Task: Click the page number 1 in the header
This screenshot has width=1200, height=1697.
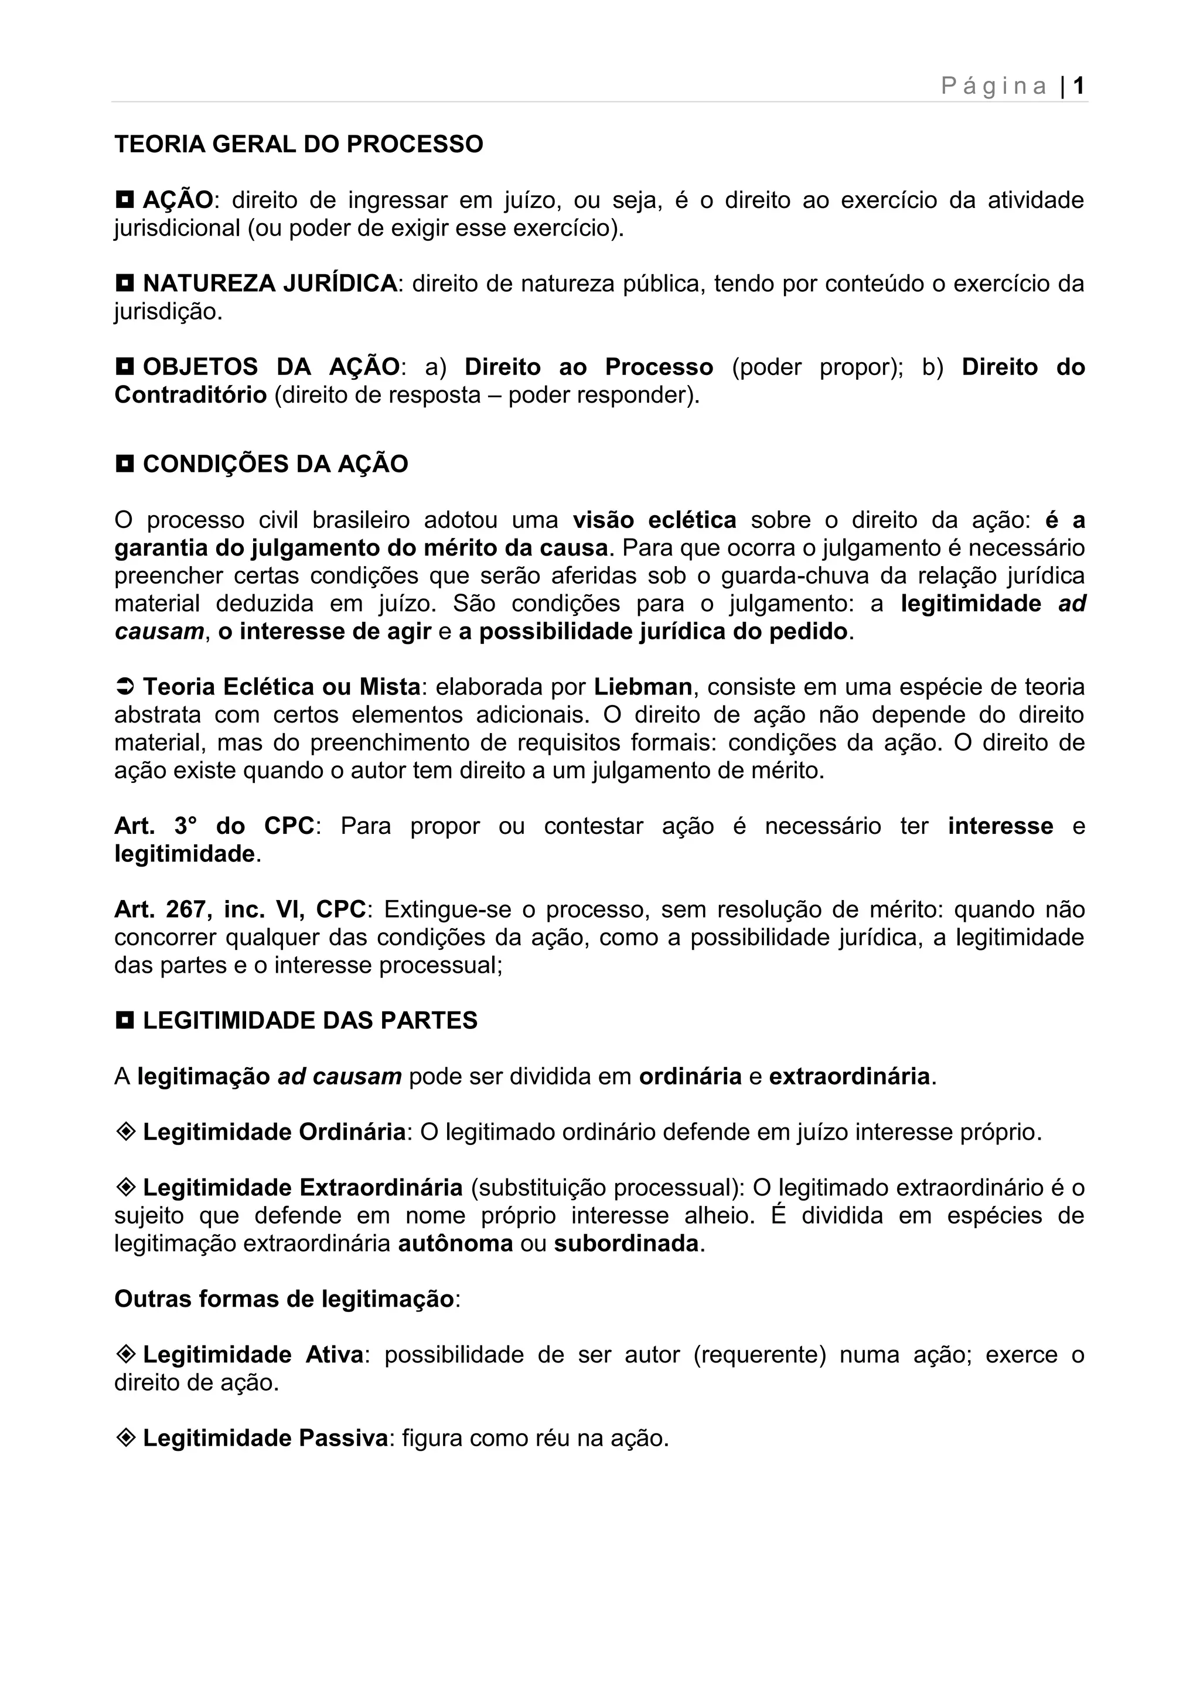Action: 1078,87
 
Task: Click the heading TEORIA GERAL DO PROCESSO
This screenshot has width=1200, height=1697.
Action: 298,144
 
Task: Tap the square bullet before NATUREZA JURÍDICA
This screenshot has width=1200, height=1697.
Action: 125,282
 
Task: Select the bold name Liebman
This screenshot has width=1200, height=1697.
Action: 643,687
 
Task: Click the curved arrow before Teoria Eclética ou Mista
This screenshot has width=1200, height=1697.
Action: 124,687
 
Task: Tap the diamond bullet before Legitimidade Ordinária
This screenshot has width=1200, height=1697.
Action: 125,1132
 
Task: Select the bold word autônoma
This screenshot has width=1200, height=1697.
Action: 455,1243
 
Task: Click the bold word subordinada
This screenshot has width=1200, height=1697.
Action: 626,1243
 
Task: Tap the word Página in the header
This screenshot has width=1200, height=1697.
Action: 994,87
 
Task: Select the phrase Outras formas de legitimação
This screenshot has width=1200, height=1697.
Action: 284,1299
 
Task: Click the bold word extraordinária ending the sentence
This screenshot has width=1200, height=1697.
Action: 849,1076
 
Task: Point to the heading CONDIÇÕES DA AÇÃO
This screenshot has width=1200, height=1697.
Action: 275,464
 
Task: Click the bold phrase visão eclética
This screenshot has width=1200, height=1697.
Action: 654,520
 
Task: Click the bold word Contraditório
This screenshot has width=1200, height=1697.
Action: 190,395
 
